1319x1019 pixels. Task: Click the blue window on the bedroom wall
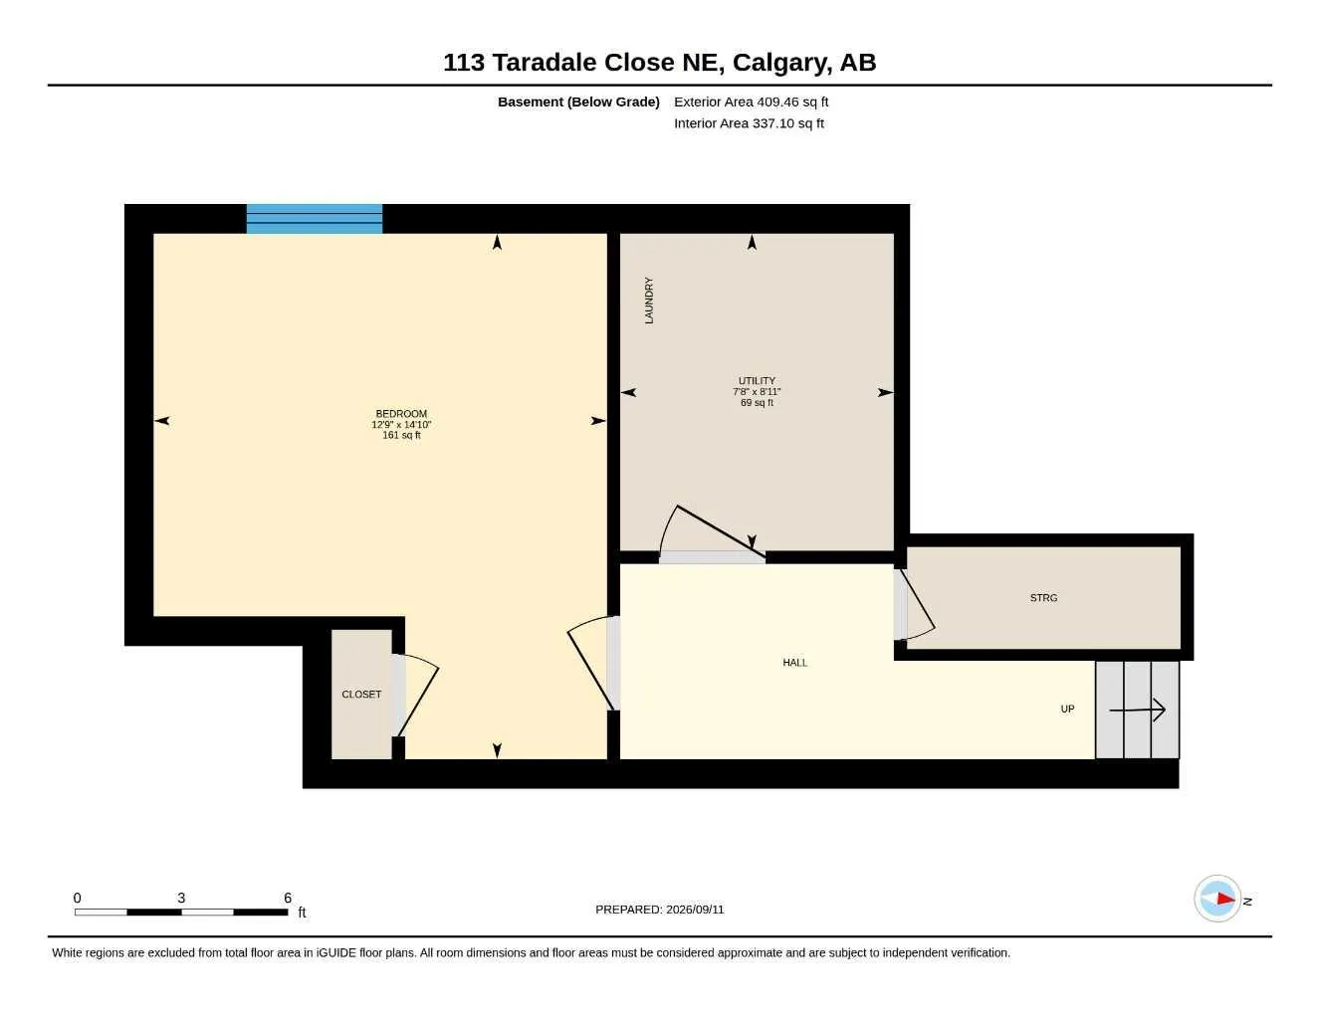(x=315, y=219)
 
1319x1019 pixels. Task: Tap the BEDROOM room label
(x=401, y=414)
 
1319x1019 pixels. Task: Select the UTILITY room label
(x=757, y=381)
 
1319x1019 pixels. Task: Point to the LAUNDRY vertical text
(x=649, y=301)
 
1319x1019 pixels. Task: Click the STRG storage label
(x=1043, y=598)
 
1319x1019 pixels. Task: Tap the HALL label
(x=794, y=663)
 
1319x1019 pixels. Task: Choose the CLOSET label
(x=361, y=695)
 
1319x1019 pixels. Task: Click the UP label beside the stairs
(x=1067, y=710)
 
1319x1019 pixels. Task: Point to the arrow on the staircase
(x=1137, y=711)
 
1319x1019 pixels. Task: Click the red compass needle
(x=1225, y=899)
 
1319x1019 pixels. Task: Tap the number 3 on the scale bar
(x=181, y=898)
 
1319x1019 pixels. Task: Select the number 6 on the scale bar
(x=288, y=898)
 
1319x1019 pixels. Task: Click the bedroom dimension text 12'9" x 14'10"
(x=401, y=425)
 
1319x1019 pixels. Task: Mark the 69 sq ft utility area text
(x=757, y=403)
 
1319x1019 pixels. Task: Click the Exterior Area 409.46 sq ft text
(x=751, y=102)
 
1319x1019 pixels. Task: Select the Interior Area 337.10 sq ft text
(x=749, y=123)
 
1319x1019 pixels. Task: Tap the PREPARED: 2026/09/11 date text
(x=659, y=910)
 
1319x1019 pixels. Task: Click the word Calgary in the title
(x=781, y=63)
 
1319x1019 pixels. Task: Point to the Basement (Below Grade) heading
(x=578, y=102)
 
